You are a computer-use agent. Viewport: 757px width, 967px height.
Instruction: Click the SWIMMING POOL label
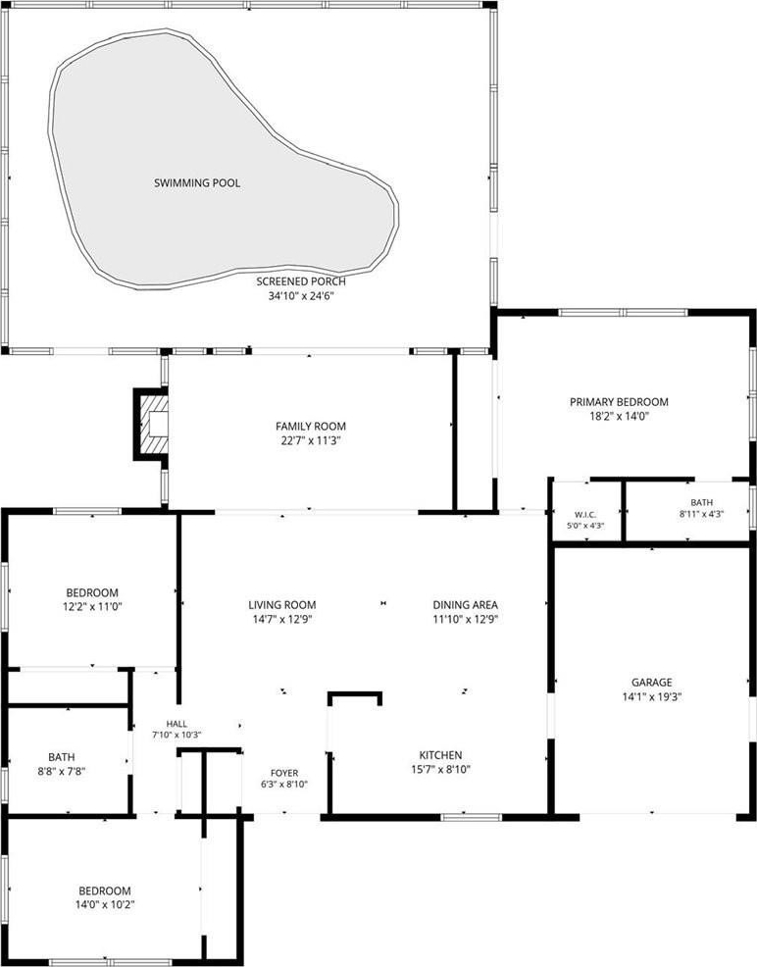197,183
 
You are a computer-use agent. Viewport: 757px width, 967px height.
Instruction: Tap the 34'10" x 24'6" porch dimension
301,296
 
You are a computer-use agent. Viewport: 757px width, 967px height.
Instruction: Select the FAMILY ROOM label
311,427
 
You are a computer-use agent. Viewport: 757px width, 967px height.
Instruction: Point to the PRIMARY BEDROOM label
619,402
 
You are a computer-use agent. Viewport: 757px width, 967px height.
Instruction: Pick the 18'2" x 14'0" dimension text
619,416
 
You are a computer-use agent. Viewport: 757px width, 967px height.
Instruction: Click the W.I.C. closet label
585,515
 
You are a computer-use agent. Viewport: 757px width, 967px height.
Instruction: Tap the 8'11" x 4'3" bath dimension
701,514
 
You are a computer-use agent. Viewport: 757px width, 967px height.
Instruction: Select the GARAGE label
651,683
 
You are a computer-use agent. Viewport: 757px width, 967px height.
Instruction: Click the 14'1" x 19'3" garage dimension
651,697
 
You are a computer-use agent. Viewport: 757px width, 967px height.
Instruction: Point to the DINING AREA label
466,605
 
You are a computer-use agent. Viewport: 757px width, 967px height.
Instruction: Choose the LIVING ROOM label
282,605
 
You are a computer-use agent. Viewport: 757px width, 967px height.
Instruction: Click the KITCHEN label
440,755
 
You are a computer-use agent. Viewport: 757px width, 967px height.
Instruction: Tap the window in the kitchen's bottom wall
472,817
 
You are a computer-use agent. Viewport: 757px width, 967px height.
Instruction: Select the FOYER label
284,774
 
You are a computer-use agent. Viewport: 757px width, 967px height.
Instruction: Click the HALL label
177,724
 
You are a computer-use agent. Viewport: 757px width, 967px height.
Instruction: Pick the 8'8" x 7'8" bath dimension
62,771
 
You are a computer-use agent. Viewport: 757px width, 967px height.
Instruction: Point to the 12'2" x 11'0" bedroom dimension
92,607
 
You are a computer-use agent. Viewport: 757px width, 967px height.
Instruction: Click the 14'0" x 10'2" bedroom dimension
105,904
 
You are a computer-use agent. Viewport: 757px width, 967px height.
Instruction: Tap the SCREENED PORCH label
301,281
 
